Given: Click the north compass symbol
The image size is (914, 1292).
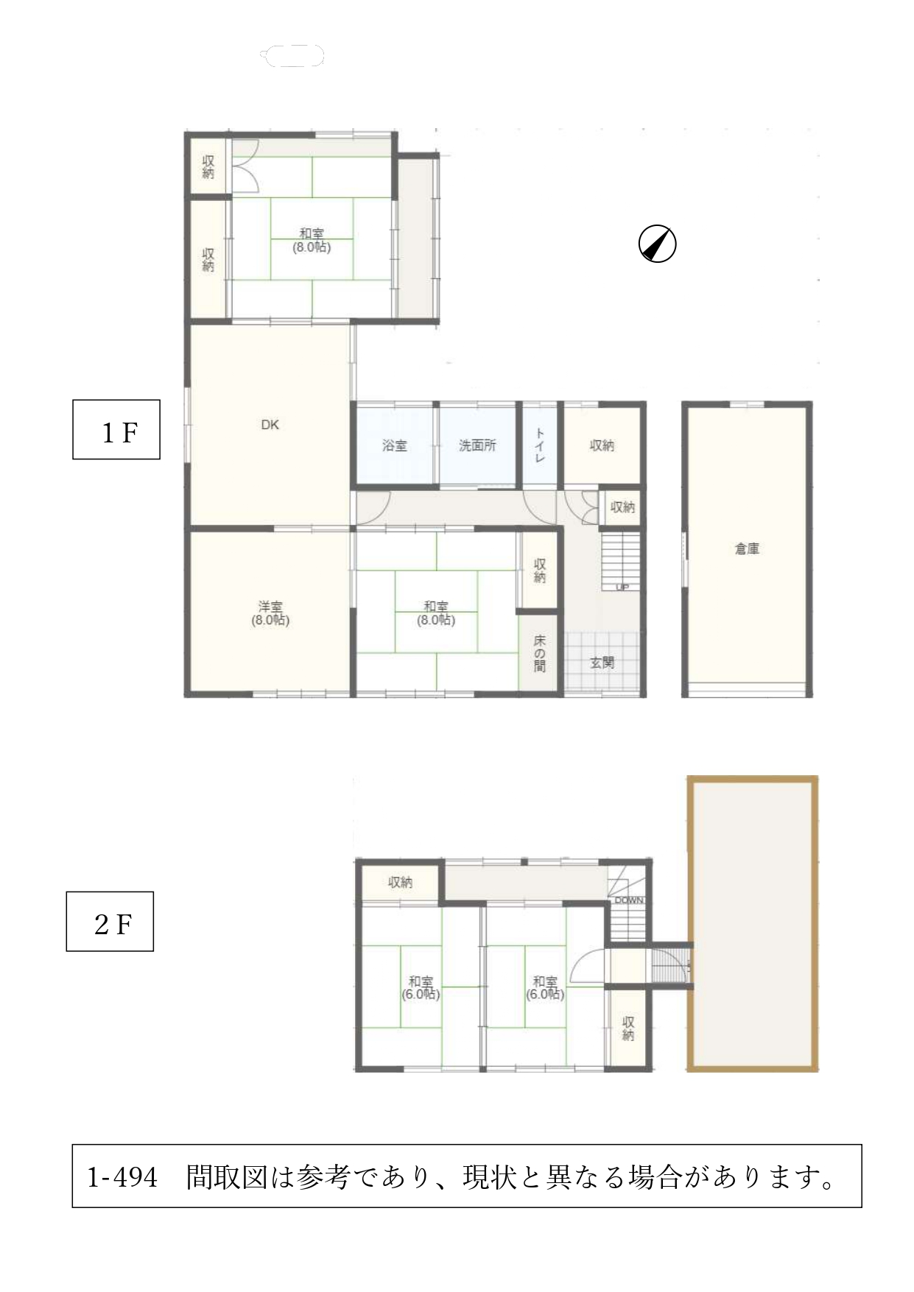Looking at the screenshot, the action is click(x=657, y=244).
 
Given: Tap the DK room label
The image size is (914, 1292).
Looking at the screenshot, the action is click(x=270, y=425).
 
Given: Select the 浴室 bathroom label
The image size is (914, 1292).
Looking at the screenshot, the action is click(x=395, y=445).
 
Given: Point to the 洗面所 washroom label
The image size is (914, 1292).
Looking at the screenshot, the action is click(x=477, y=445).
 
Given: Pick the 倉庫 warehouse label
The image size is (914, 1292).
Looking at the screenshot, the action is click(x=747, y=548).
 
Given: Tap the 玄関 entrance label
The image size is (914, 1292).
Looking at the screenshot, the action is click(x=602, y=663).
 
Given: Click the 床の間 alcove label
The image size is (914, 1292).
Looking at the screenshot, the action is click(x=539, y=654).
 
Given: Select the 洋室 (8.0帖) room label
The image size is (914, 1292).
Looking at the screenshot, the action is click(x=270, y=613).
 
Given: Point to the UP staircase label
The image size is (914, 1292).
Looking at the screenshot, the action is click(x=622, y=587).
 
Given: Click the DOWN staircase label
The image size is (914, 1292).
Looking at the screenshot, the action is click(x=629, y=900).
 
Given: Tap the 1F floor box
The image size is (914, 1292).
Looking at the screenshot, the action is click(x=116, y=429).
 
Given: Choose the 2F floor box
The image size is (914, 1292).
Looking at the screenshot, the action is click(x=110, y=921).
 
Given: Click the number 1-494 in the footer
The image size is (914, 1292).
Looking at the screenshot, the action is click(x=123, y=1177).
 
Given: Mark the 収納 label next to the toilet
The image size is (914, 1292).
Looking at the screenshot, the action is click(x=602, y=445).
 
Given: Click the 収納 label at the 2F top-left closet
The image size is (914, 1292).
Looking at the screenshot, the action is click(x=400, y=882).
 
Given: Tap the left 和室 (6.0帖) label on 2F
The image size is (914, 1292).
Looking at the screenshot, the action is click(x=421, y=987).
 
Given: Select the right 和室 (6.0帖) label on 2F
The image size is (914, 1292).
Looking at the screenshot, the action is click(x=545, y=987).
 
